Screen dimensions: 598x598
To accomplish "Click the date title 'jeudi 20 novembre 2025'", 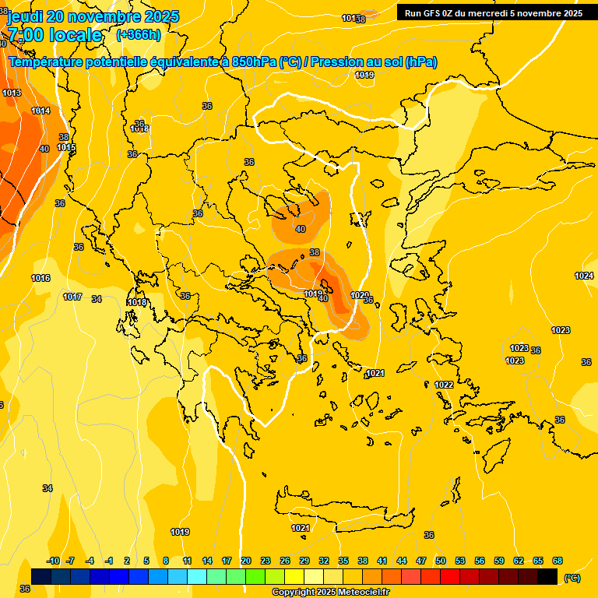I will pos(92,16).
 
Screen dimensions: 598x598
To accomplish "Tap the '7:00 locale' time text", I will pos(55,35).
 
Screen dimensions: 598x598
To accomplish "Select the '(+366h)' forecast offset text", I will pos(139,35).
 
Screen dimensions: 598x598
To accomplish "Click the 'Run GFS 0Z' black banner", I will pos(494,12).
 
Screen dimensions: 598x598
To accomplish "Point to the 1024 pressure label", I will pos(584,276).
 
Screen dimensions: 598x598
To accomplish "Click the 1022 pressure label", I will pos(444,385).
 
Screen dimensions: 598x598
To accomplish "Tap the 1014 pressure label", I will pos(40,111).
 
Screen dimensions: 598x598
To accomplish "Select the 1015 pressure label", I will pos(65,147).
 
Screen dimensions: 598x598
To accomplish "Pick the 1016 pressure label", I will pos(40,278).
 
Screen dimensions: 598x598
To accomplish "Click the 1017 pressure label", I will pos(72,297).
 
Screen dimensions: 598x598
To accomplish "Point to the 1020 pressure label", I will pos(359,295).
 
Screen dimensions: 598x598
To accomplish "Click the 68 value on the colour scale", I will pos(558,561).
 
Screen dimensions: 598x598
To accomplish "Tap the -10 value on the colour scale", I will pos(53,561).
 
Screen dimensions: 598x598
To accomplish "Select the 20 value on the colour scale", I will pos(245,561).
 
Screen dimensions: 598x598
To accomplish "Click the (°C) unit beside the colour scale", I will pos(572,578).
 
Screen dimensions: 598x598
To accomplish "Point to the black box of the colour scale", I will pos(547,576).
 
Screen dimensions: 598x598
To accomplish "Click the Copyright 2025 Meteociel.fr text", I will pos(330,592).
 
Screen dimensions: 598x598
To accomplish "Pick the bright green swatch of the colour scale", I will pos(255,576).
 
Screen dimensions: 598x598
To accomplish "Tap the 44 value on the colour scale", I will pos(401,561).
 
